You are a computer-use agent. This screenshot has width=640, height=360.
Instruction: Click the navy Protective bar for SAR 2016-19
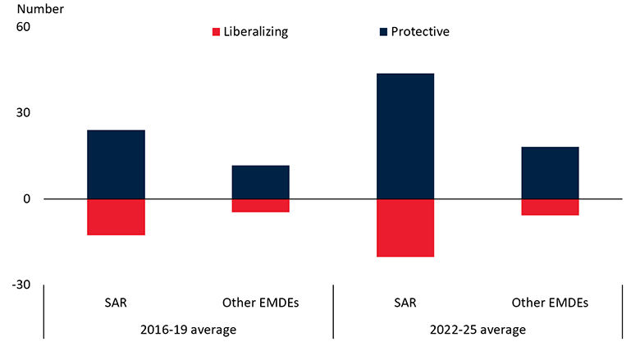coord(116,164)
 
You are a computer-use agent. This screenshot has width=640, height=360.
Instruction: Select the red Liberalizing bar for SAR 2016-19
coord(116,217)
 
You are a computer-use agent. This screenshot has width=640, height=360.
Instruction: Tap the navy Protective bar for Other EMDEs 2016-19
coord(260,182)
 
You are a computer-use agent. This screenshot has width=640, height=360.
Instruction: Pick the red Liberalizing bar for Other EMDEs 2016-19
coord(260,206)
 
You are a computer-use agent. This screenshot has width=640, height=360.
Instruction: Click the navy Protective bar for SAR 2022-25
coord(405,136)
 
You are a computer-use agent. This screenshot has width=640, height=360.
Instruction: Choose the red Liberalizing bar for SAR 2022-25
coord(405,228)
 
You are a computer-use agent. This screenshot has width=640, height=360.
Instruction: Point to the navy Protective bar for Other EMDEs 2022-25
coord(550,173)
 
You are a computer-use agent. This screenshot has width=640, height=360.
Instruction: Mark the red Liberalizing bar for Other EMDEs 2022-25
coord(550,207)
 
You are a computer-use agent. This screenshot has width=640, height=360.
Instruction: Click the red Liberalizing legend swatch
coord(217,32)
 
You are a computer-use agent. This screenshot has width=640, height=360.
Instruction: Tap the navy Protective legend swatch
coord(383,32)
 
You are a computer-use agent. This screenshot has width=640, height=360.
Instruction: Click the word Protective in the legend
coord(420,32)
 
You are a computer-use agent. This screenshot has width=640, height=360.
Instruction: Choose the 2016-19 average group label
coord(188,330)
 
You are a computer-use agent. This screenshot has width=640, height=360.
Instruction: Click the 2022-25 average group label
coord(477,330)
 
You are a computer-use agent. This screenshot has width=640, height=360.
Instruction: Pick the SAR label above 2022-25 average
coord(405,303)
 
